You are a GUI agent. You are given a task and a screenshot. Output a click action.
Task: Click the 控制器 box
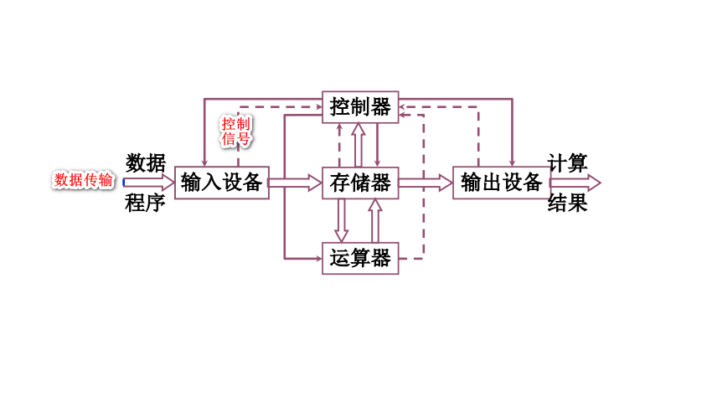[x=360, y=107]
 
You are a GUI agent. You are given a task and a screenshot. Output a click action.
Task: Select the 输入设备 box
[x=222, y=182]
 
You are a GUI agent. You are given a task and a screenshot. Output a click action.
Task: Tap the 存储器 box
[x=360, y=182]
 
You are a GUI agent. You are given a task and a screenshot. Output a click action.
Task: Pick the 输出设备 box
[x=502, y=182]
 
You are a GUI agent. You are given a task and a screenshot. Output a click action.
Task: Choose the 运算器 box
[x=360, y=258]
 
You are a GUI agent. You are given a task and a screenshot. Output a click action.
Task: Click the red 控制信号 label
[x=235, y=131]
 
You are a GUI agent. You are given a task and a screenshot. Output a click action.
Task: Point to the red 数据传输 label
[x=83, y=180]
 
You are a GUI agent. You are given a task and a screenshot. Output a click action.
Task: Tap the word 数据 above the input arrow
[x=146, y=162]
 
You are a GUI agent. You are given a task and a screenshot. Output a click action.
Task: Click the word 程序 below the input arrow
[x=146, y=203]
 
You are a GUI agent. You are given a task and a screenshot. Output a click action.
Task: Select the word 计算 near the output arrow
[x=568, y=162]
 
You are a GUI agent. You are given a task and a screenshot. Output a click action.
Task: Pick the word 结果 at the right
[x=568, y=203]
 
